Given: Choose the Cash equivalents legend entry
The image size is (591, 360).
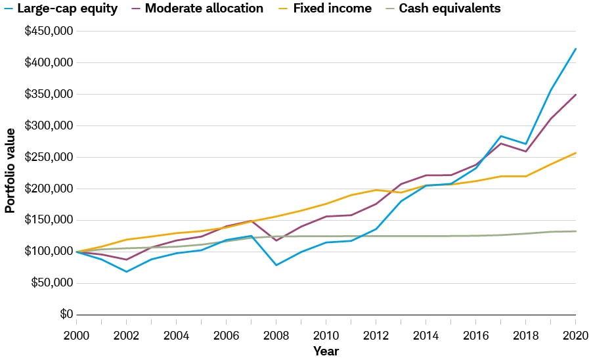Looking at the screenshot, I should [450, 9].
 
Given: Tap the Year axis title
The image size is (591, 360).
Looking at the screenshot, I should [326, 351].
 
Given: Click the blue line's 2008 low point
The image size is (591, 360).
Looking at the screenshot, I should [276, 265].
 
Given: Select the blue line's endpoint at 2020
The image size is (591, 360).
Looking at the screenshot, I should [576, 49].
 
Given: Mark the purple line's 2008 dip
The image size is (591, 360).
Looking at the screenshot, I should [276, 240].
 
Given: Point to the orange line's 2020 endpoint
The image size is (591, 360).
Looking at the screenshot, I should [576, 153].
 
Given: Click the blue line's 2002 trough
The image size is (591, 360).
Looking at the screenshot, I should [126, 271].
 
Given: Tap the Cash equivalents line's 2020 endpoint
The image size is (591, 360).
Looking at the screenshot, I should [576, 231].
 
